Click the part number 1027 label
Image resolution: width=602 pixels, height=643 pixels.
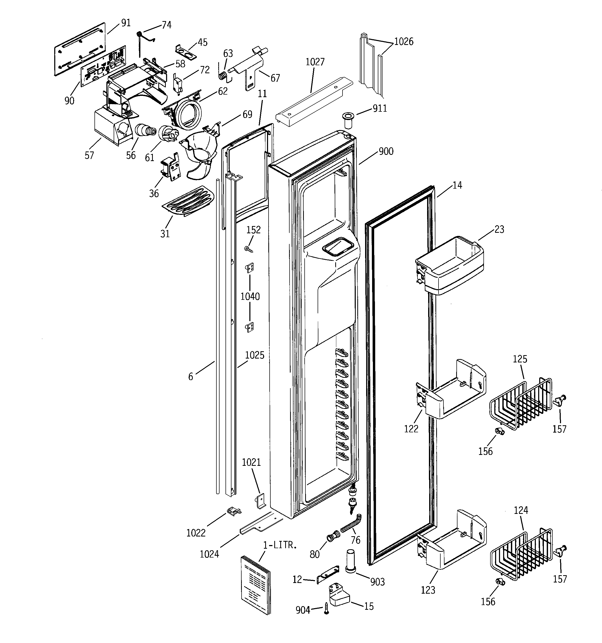[315, 62]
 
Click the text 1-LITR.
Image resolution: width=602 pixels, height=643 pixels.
[280, 545]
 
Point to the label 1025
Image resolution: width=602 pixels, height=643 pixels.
[255, 355]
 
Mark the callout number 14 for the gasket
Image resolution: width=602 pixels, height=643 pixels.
[457, 185]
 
